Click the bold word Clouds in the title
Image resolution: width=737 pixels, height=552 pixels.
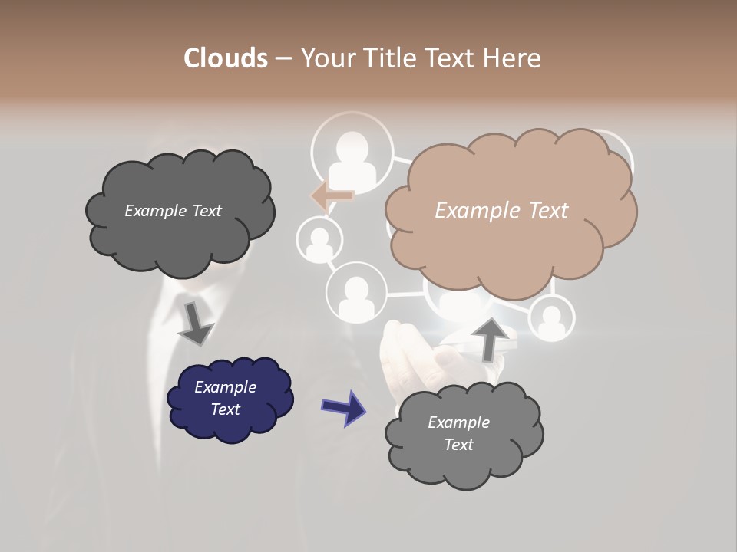pos(225,58)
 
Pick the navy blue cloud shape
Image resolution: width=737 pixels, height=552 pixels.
pos(230,399)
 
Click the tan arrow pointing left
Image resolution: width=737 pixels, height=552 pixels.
pos(333,195)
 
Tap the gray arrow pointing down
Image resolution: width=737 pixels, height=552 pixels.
pos(194,323)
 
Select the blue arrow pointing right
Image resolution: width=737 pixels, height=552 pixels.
pos(343,407)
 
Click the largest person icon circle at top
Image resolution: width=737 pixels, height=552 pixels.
pos(352,153)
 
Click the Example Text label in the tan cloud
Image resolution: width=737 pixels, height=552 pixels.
pos(501,211)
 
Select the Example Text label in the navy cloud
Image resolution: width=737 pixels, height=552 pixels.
pos(225,398)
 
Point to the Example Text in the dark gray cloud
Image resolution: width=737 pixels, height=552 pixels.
pos(173,211)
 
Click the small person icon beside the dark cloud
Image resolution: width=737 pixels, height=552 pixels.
pos(319,240)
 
